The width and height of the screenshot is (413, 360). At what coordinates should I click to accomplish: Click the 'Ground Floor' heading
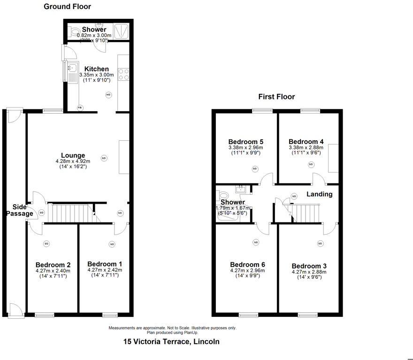(67, 7)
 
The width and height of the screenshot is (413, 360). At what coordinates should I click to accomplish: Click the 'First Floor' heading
(276, 97)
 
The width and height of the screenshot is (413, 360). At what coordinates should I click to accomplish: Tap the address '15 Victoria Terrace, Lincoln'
(171, 342)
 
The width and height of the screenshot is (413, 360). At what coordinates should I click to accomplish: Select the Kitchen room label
(97, 69)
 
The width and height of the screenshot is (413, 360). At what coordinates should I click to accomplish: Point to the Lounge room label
(73, 155)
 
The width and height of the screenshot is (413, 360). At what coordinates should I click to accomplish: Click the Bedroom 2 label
(53, 264)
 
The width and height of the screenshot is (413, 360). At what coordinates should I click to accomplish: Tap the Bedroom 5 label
(245, 142)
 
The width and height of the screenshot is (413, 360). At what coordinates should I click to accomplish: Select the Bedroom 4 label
(306, 142)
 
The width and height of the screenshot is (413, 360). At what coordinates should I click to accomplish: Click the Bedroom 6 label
(247, 265)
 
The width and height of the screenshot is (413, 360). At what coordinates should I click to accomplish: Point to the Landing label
(320, 194)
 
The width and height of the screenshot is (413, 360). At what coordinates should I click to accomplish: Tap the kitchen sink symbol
(72, 72)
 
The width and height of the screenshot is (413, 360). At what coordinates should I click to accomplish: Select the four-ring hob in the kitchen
(123, 74)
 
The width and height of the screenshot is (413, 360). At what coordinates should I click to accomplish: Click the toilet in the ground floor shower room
(73, 32)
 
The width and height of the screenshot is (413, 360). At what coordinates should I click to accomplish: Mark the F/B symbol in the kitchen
(79, 107)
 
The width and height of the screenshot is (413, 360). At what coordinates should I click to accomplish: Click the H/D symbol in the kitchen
(108, 95)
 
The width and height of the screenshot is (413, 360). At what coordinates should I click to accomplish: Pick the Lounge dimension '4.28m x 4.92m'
(73, 161)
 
